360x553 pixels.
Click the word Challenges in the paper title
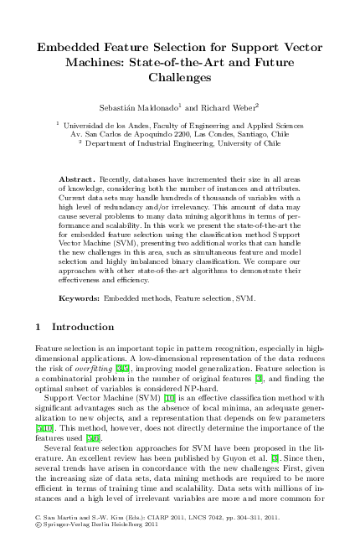pyautogui.click(x=180, y=76)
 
